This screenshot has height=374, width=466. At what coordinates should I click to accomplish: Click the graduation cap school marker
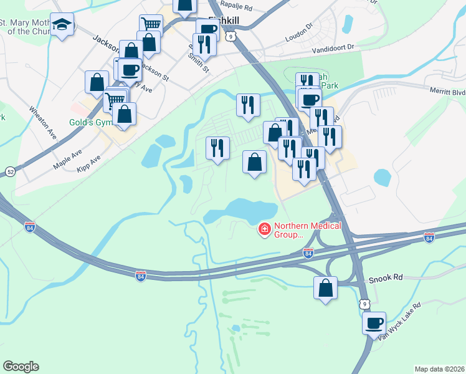coord(62,26)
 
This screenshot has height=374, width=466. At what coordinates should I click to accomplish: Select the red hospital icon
coord(264,230)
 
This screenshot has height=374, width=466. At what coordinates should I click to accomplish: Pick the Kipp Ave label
coord(88,165)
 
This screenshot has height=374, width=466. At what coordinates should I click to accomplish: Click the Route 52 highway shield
coord(10,171)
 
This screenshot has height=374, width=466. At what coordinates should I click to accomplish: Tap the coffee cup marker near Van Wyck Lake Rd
coord(374,324)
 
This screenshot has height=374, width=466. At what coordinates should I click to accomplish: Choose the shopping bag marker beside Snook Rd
coord(325,288)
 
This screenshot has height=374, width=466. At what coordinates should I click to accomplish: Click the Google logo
coord(21,367)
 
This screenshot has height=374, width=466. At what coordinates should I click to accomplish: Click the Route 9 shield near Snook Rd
coord(364,303)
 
